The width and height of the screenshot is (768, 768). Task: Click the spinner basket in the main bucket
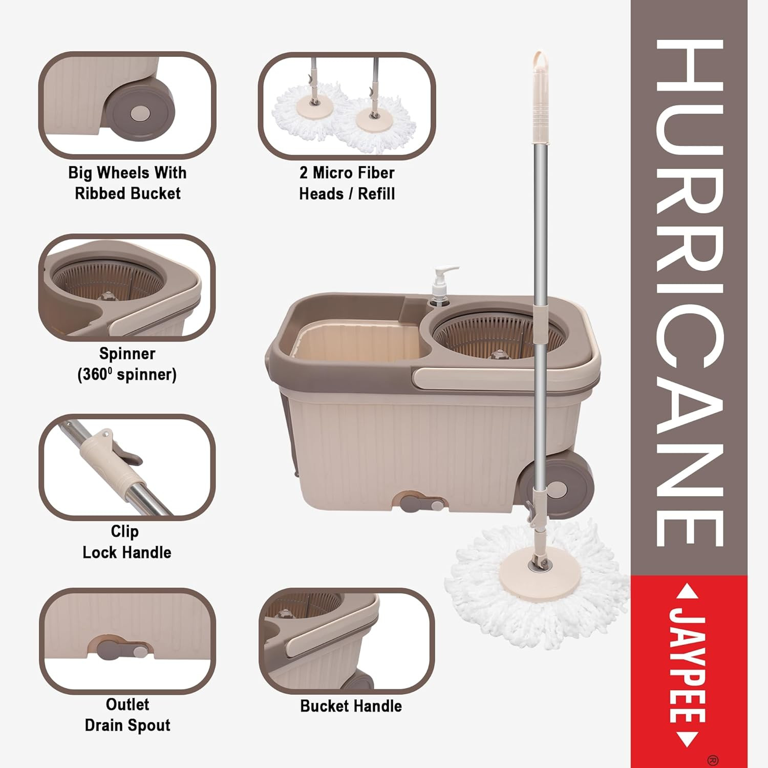point(499,338)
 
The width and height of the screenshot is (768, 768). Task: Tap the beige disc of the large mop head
point(537,571)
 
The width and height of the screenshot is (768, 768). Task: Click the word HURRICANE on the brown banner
point(689,292)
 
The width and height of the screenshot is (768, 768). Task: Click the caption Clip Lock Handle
point(126,542)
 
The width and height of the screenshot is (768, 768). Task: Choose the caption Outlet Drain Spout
point(127,715)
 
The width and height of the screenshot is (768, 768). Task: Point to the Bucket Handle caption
point(351,706)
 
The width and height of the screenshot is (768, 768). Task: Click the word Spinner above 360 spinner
point(127,353)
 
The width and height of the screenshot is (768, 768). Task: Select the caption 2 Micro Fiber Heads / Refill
point(347,183)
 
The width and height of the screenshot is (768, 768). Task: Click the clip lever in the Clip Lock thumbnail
point(128,455)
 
